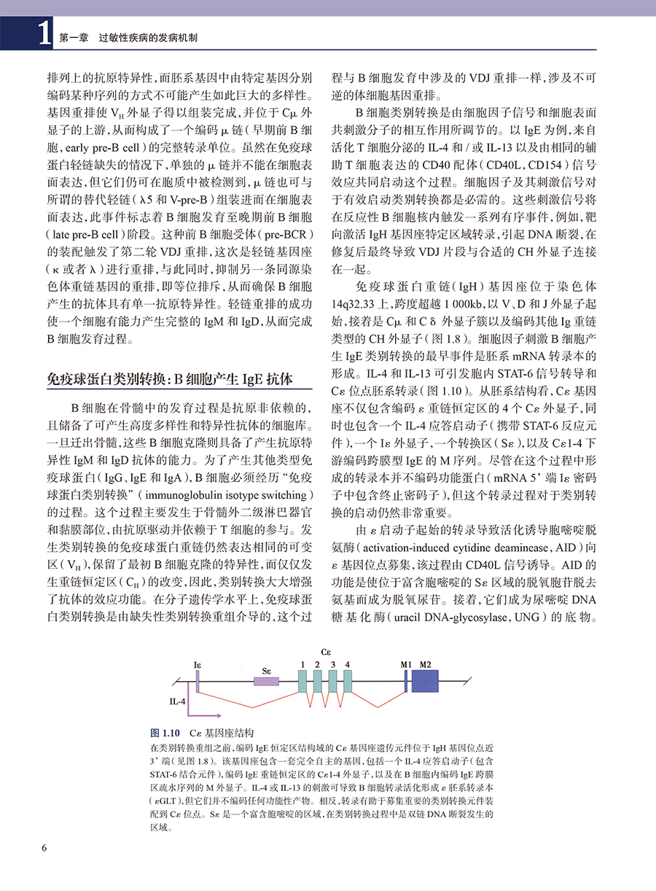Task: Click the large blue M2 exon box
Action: (425, 681)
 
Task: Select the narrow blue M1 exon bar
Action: (405, 681)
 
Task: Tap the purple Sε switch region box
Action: (266, 681)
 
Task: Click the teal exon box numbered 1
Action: (302, 681)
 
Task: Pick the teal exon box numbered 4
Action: (348, 681)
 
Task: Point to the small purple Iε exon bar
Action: (198, 681)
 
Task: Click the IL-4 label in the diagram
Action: (178, 702)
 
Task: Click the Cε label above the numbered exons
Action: (325, 650)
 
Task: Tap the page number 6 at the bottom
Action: (44, 848)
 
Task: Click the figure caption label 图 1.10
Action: (165, 732)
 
